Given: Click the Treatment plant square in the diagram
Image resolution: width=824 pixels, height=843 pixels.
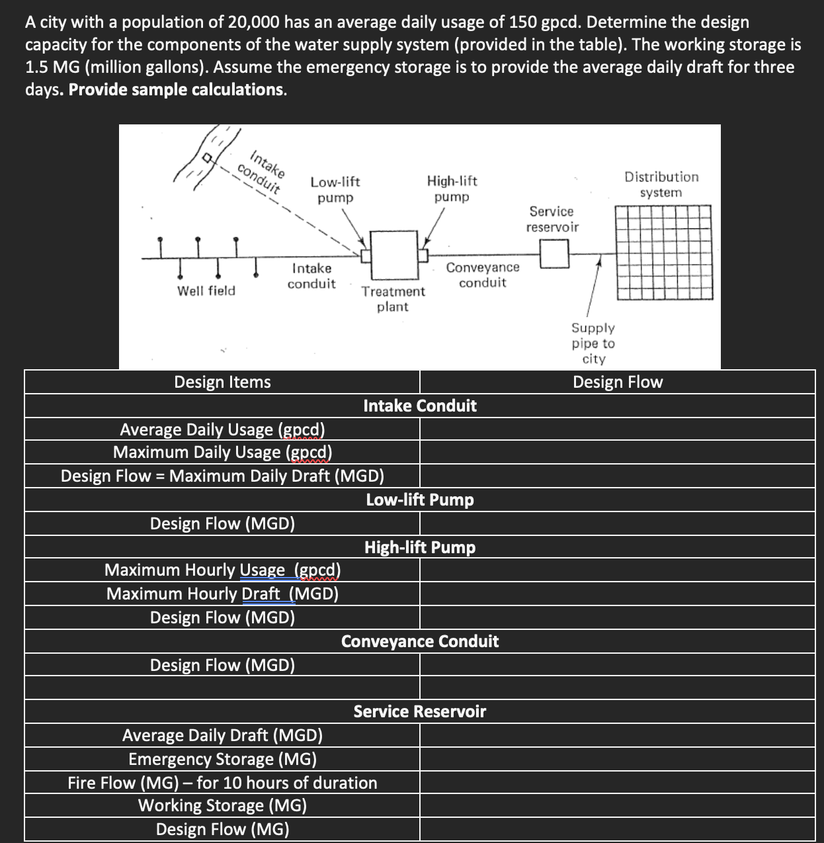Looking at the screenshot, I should (395, 255).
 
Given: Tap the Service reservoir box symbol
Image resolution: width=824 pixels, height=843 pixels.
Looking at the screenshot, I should (554, 253).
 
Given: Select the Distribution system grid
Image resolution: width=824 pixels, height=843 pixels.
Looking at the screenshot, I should (664, 252).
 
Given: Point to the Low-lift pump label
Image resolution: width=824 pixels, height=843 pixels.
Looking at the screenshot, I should (335, 189).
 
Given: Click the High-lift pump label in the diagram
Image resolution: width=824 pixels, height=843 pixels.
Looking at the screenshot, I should (452, 189).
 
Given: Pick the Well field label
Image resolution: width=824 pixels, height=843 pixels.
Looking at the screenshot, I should (206, 290).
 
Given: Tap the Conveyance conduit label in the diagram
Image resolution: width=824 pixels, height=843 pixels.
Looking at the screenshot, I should (483, 275).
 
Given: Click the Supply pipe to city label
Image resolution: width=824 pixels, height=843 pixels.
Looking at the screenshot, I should (593, 343).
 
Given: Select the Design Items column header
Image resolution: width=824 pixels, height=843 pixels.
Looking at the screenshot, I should (222, 382).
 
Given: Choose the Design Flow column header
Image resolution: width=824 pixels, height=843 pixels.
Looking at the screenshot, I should (618, 382).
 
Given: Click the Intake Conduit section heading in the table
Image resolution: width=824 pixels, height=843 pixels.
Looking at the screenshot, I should (420, 406).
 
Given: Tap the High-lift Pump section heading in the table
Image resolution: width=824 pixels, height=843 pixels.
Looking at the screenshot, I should (420, 547).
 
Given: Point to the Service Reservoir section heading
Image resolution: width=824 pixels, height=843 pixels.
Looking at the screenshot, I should (420, 711).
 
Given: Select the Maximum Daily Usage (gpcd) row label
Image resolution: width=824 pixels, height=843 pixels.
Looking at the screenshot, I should (222, 453).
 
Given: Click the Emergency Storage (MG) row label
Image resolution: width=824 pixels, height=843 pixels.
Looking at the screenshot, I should (222, 759).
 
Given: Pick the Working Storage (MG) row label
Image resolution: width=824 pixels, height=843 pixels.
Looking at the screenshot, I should (222, 805).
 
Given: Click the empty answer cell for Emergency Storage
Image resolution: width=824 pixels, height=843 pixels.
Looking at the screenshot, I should (618, 759).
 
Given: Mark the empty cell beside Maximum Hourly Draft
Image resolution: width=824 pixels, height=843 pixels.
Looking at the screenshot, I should (618, 594).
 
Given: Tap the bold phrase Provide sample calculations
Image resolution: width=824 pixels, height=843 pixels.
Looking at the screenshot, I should (177, 90).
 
